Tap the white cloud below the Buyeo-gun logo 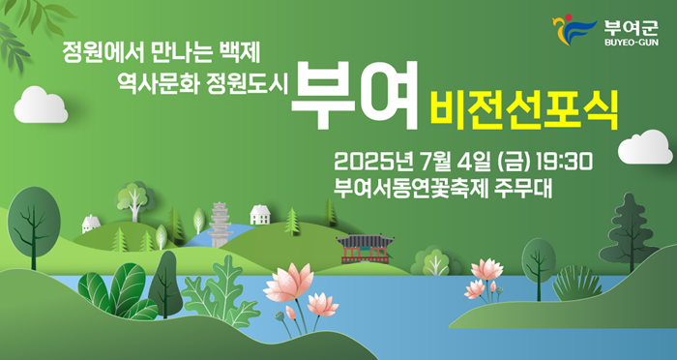click(644, 147)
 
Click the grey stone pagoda click(220, 225)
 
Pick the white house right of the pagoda click(259, 215)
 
